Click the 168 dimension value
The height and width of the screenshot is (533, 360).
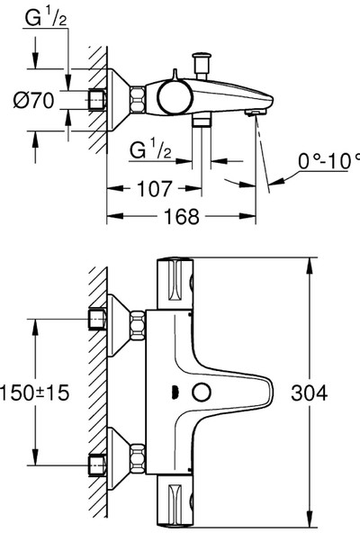(x=176, y=217)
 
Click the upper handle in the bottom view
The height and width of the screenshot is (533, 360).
(x=176, y=283)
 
